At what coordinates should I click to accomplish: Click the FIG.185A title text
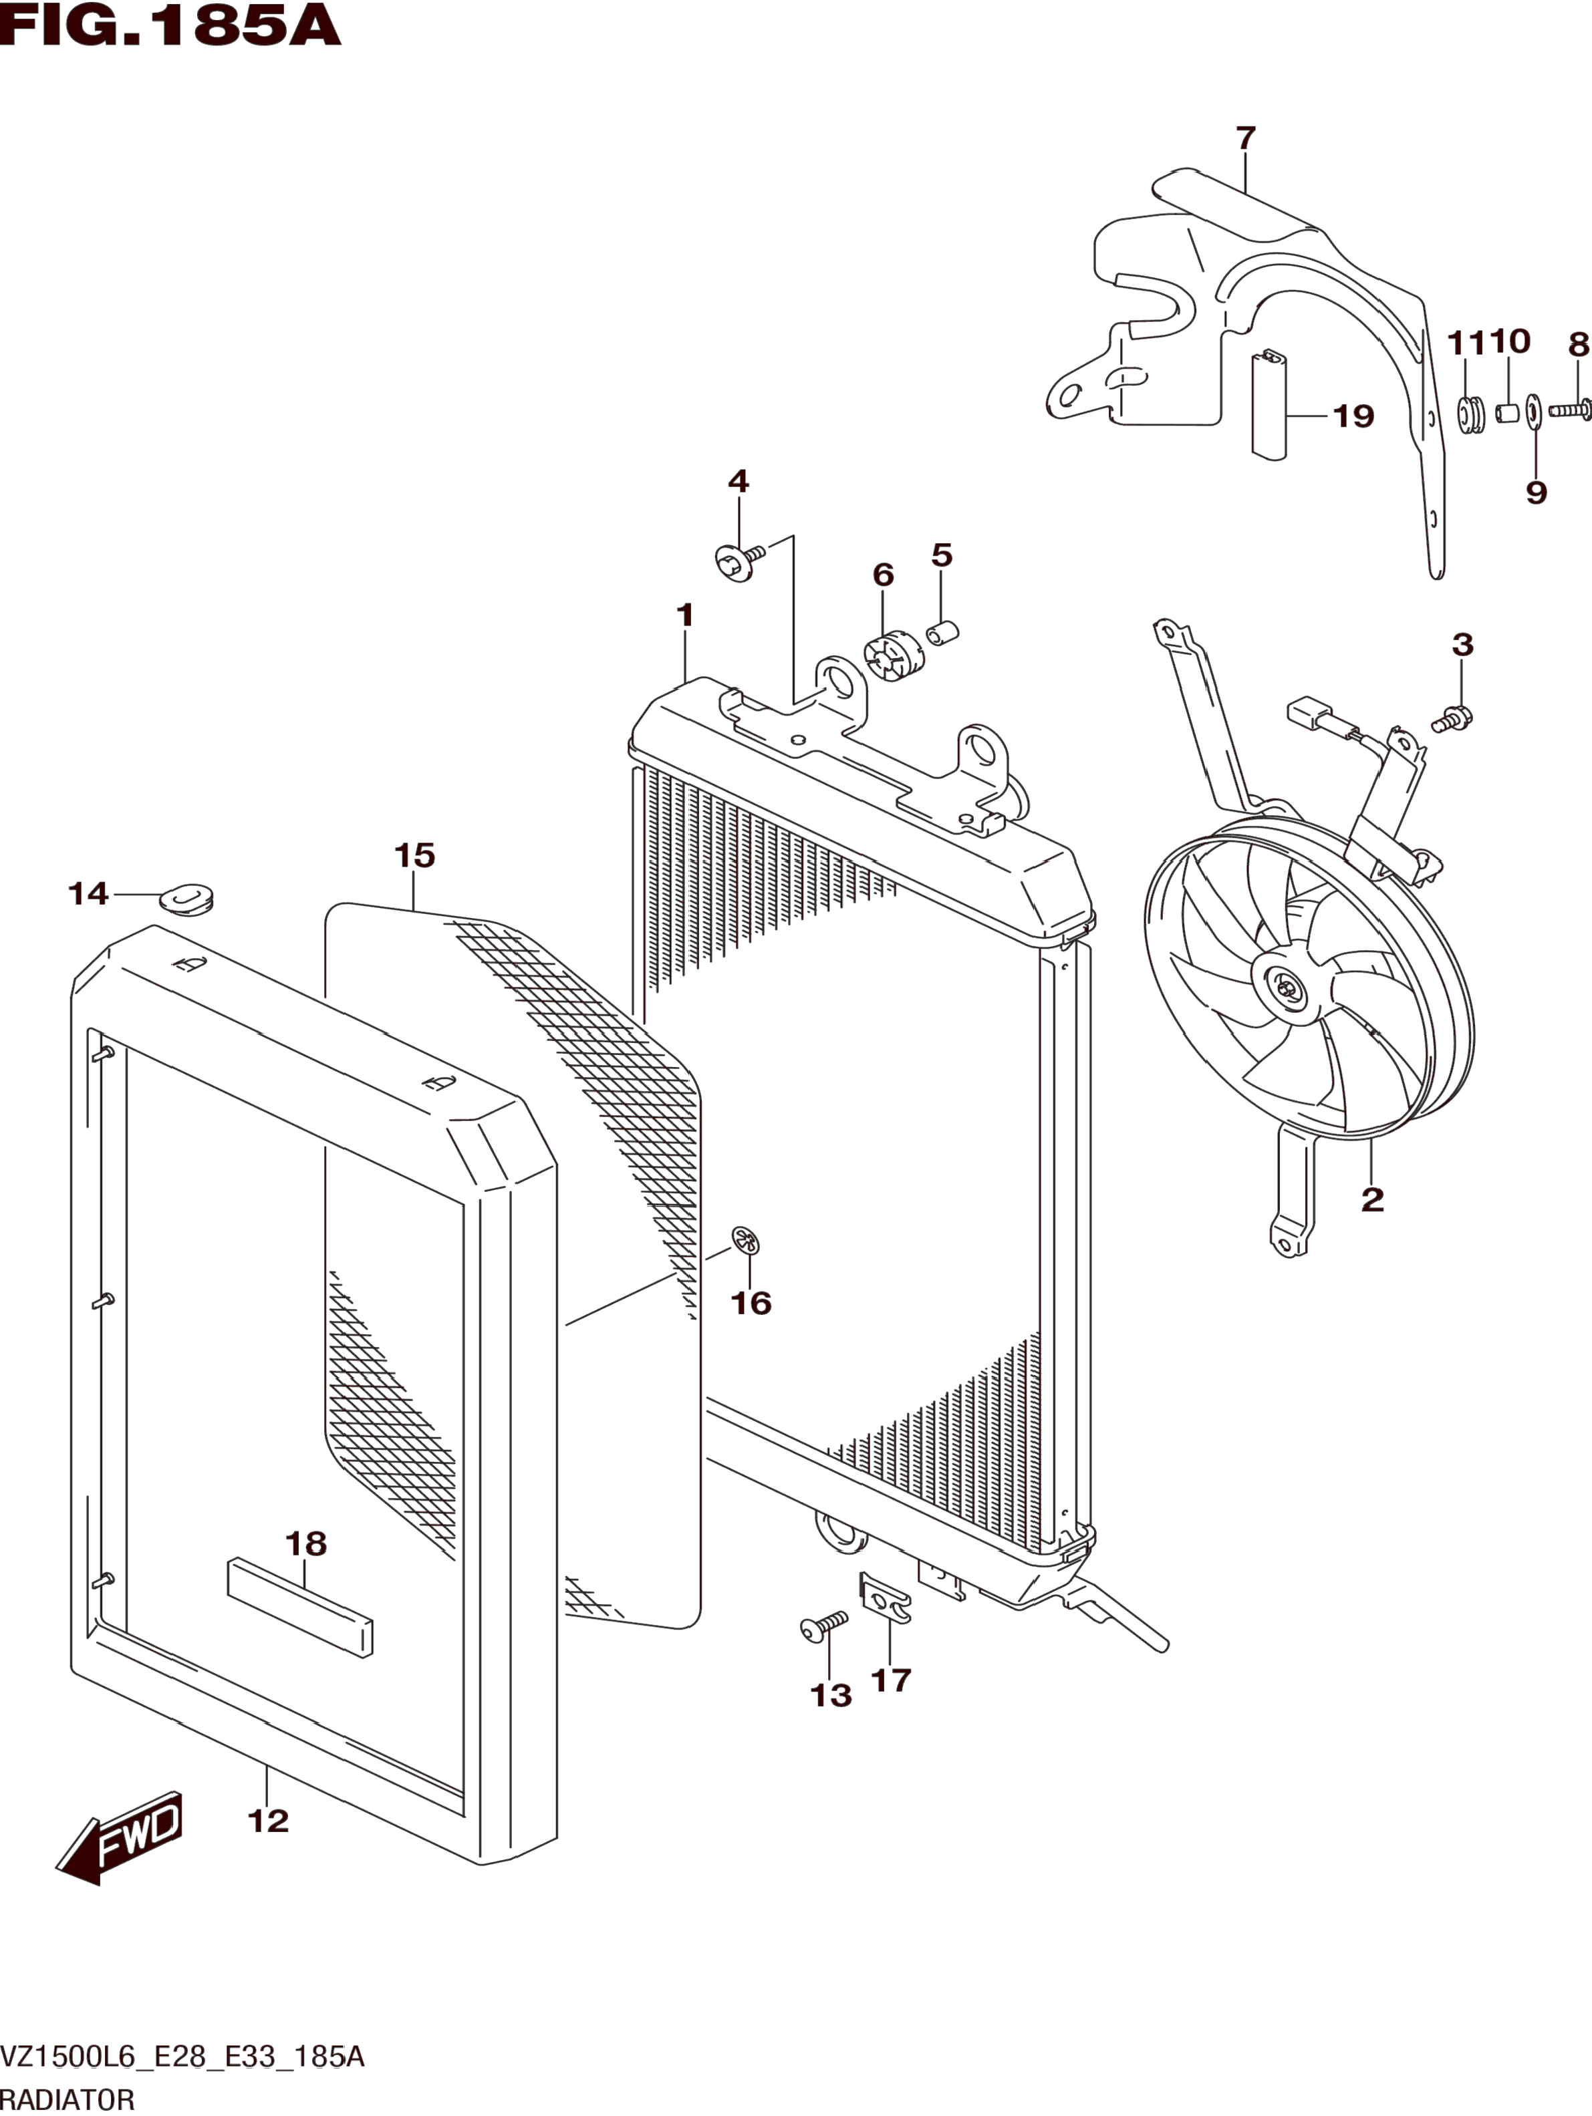pyautogui.click(x=170, y=27)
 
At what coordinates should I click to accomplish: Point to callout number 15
pyautogui.click(x=414, y=855)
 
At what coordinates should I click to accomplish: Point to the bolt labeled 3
pyautogui.click(x=1453, y=718)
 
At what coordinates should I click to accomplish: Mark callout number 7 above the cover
pyautogui.click(x=1244, y=139)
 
